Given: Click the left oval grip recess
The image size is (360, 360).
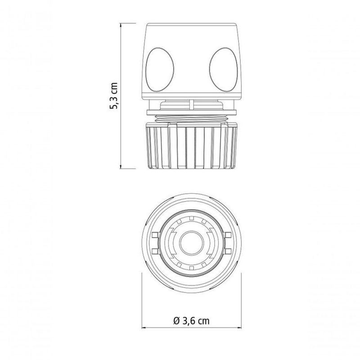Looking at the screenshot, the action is pyautogui.click(x=160, y=70).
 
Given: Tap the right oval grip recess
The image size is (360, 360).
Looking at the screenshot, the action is pyautogui.click(x=223, y=70).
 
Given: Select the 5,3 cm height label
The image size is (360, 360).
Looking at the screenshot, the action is pyautogui.click(x=114, y=95).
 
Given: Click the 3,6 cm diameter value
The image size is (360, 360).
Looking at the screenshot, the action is pyautogui.click(x=196, y=321).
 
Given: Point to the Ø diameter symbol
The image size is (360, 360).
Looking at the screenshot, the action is pyautogui.click(x=176, y=321).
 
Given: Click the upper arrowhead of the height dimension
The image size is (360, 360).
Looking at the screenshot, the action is pyautogui.click(x=121, y=25).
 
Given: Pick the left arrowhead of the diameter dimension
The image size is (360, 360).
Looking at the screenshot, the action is pyautogui.click(x=144, y=328).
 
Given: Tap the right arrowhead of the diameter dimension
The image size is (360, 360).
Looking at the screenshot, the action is pyautogui.click(x=239, y=328).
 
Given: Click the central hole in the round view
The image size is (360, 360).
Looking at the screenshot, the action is pyautogui.click(x=192, y=243).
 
